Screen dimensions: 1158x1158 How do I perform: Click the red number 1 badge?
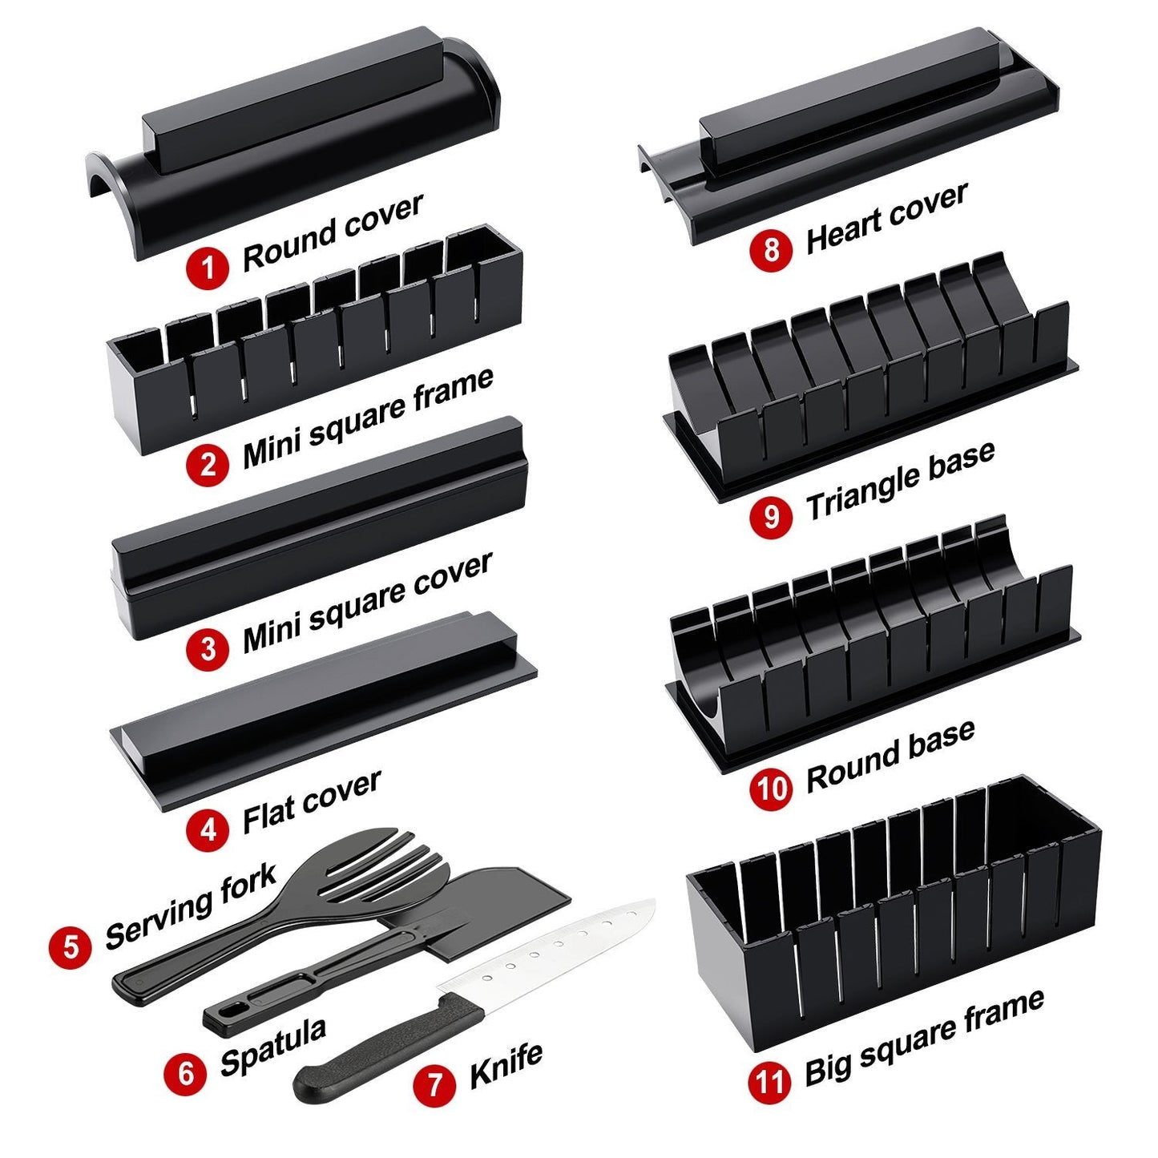click(x=208, y=266)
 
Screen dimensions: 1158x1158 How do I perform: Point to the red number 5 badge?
click(x=71, y=946)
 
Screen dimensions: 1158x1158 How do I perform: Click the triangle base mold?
click(x=870, y=385)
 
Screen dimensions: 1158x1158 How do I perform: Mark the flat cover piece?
click(x=321, y=713)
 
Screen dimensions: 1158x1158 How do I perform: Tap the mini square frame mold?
click(x=313, y=345)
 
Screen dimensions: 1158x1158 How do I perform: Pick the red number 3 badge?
click(x=208, y=648)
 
